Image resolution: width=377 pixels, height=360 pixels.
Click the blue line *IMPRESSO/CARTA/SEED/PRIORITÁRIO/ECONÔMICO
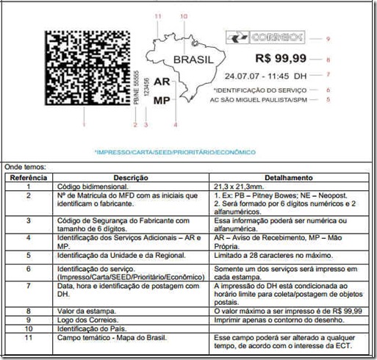click(x=174, y=152)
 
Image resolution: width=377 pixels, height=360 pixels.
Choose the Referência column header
click(x=28, y=179)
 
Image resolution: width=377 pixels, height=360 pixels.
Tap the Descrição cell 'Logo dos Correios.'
click(x=85, y=320)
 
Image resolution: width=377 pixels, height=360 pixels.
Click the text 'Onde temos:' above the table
click(x=24, y=168)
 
